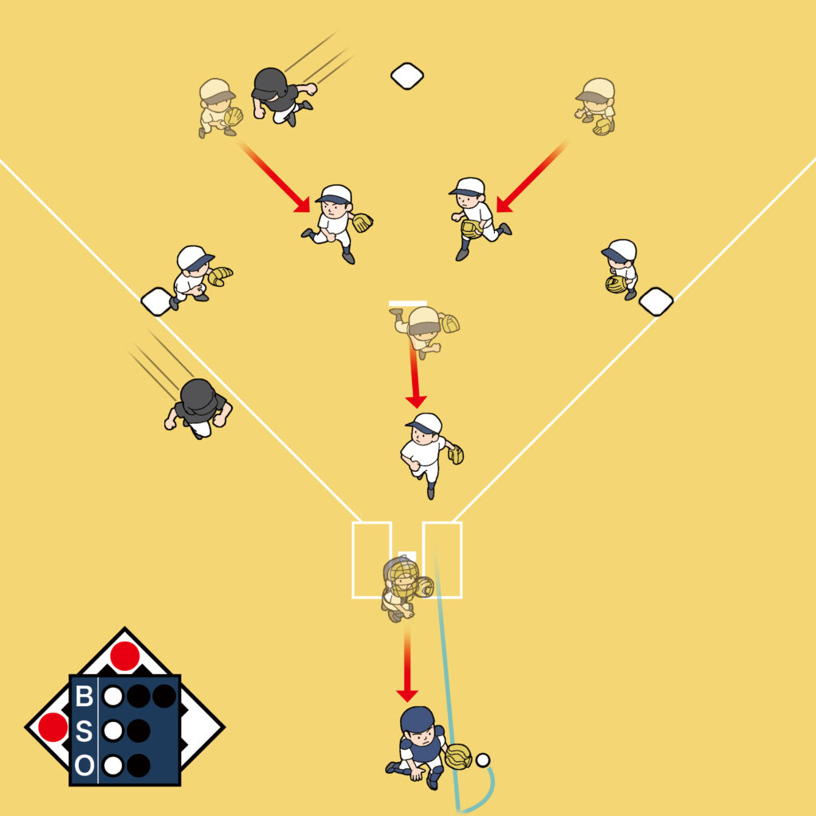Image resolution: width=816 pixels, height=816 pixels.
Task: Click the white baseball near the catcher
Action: [483, 760]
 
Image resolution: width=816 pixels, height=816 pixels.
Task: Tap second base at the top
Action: [407, 76]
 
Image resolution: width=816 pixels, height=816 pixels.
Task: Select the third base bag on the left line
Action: [157, 302]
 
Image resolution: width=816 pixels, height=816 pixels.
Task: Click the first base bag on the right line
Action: [656, 302]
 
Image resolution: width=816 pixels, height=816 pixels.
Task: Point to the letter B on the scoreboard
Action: [84, 696]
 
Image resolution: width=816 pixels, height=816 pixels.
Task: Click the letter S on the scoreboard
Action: [84, 731]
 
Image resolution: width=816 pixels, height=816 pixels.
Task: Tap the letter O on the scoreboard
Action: [84, 766]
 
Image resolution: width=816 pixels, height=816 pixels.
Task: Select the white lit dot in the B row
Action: [113, 696]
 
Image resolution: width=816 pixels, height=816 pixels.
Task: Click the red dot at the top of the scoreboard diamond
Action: [125, 656]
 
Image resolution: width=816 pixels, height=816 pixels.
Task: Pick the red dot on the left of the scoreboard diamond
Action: [53, 727]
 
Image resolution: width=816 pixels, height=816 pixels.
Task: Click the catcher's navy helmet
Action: [417, 720]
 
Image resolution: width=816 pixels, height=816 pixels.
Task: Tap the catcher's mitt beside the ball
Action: [458, 757]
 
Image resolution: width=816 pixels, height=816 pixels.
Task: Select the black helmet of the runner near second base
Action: [270, 83]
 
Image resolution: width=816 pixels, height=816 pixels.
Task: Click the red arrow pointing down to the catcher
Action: [407, 664]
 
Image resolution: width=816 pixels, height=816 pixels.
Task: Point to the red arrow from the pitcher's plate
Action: [414, 376]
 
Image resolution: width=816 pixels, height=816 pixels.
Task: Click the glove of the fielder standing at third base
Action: [220, 275]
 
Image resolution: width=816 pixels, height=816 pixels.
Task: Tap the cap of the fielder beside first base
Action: [619, 251]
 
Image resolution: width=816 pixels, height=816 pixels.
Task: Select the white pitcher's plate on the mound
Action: [407, 304]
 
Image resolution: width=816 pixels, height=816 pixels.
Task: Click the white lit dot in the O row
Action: [113, 766]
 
